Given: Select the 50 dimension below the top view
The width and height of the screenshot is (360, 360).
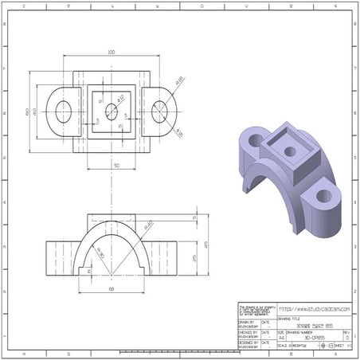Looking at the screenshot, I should pyautogui.click(x=116, y=165).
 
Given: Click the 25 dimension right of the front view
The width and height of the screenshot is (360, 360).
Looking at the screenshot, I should pyautogui.click(x=195, y=256).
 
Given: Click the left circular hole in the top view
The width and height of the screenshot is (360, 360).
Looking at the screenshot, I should pyautogui.click(x=63, y=112).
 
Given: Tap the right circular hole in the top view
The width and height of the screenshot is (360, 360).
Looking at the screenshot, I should pyautogui.click(x=159, y=112).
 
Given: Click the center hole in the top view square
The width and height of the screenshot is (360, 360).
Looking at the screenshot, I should pyautogui.click(x=111, y=112).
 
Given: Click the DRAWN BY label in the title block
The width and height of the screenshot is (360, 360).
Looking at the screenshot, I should pyautogui.click(x=248, y=323).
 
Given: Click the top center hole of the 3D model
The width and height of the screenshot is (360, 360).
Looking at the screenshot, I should pyautogui.click(x=289, y=150).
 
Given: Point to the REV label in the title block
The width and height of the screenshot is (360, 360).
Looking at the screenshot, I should pyautogui.click(x=346, y=332).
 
